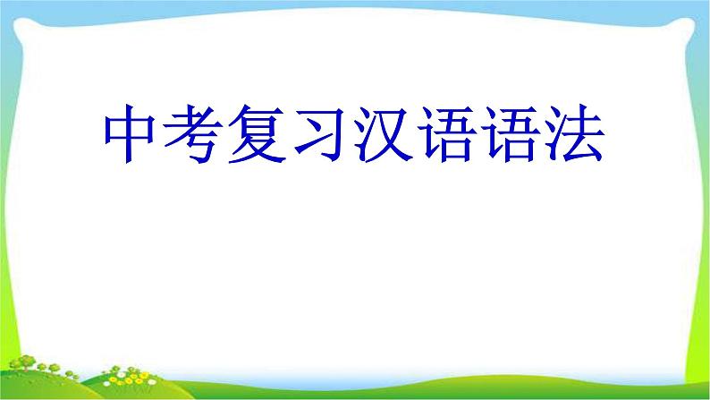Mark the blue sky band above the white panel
click(x=358, y=5)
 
